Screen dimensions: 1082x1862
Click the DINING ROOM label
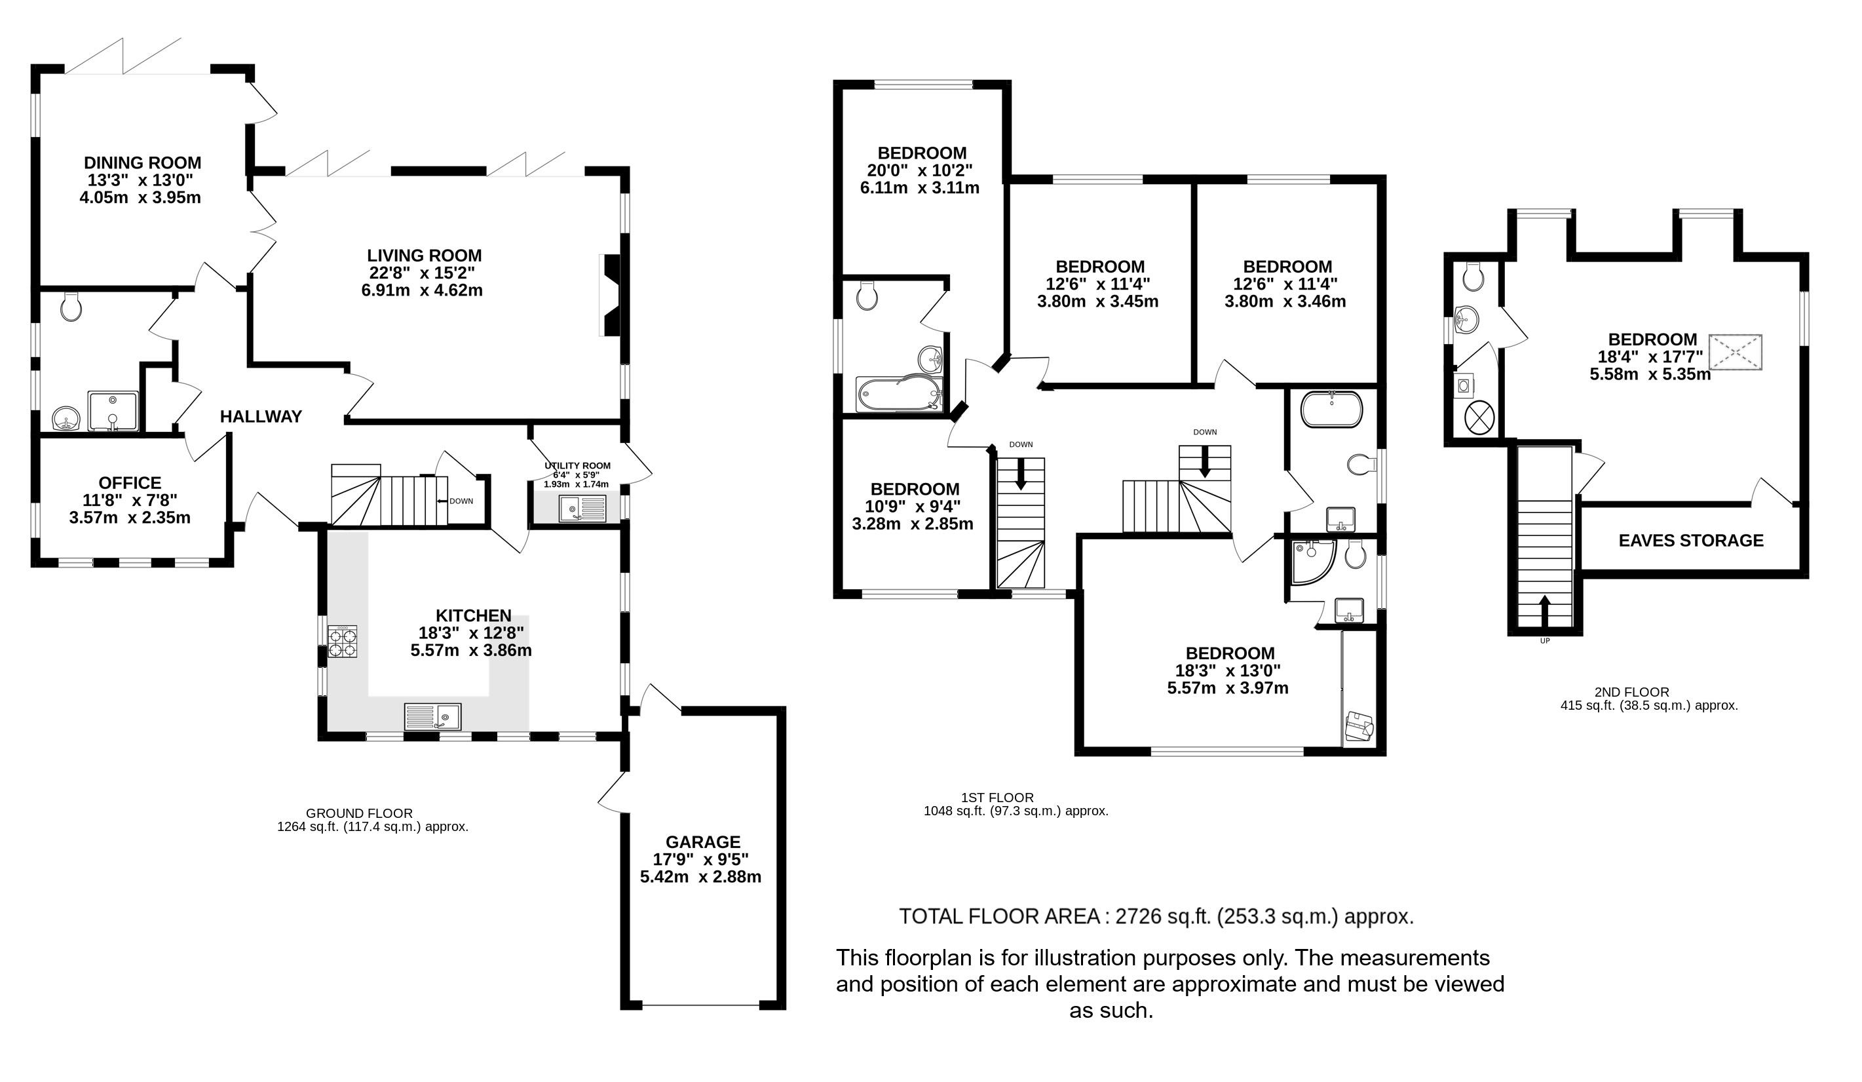click(142, 163)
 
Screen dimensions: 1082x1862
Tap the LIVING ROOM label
click(424, 256)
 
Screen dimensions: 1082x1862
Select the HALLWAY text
click(261, 417)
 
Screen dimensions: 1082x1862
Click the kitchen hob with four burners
click(343, 642)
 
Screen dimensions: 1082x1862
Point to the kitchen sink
click(433, 716)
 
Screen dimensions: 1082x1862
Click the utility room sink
click(582, 509)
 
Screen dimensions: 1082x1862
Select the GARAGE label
click(703, 841)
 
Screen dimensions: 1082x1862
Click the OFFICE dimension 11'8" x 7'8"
click(130, 500)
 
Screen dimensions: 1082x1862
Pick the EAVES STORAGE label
click(1690, 540)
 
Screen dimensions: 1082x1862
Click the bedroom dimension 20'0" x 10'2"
click(920, 171)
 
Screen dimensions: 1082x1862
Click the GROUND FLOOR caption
click(359, 814)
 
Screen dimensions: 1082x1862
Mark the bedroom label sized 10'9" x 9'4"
click(915, 490)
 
